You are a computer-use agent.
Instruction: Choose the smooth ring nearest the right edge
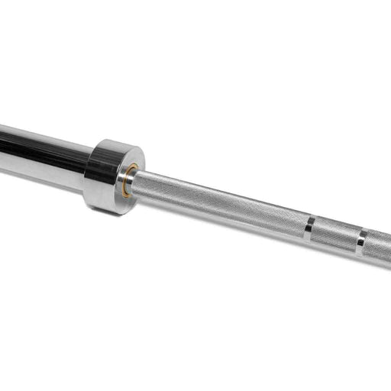pos(360,241)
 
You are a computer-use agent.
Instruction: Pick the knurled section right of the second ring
pos(377,247)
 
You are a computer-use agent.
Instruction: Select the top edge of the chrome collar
pos(115,142)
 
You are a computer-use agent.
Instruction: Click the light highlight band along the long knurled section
pos(221,195)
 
